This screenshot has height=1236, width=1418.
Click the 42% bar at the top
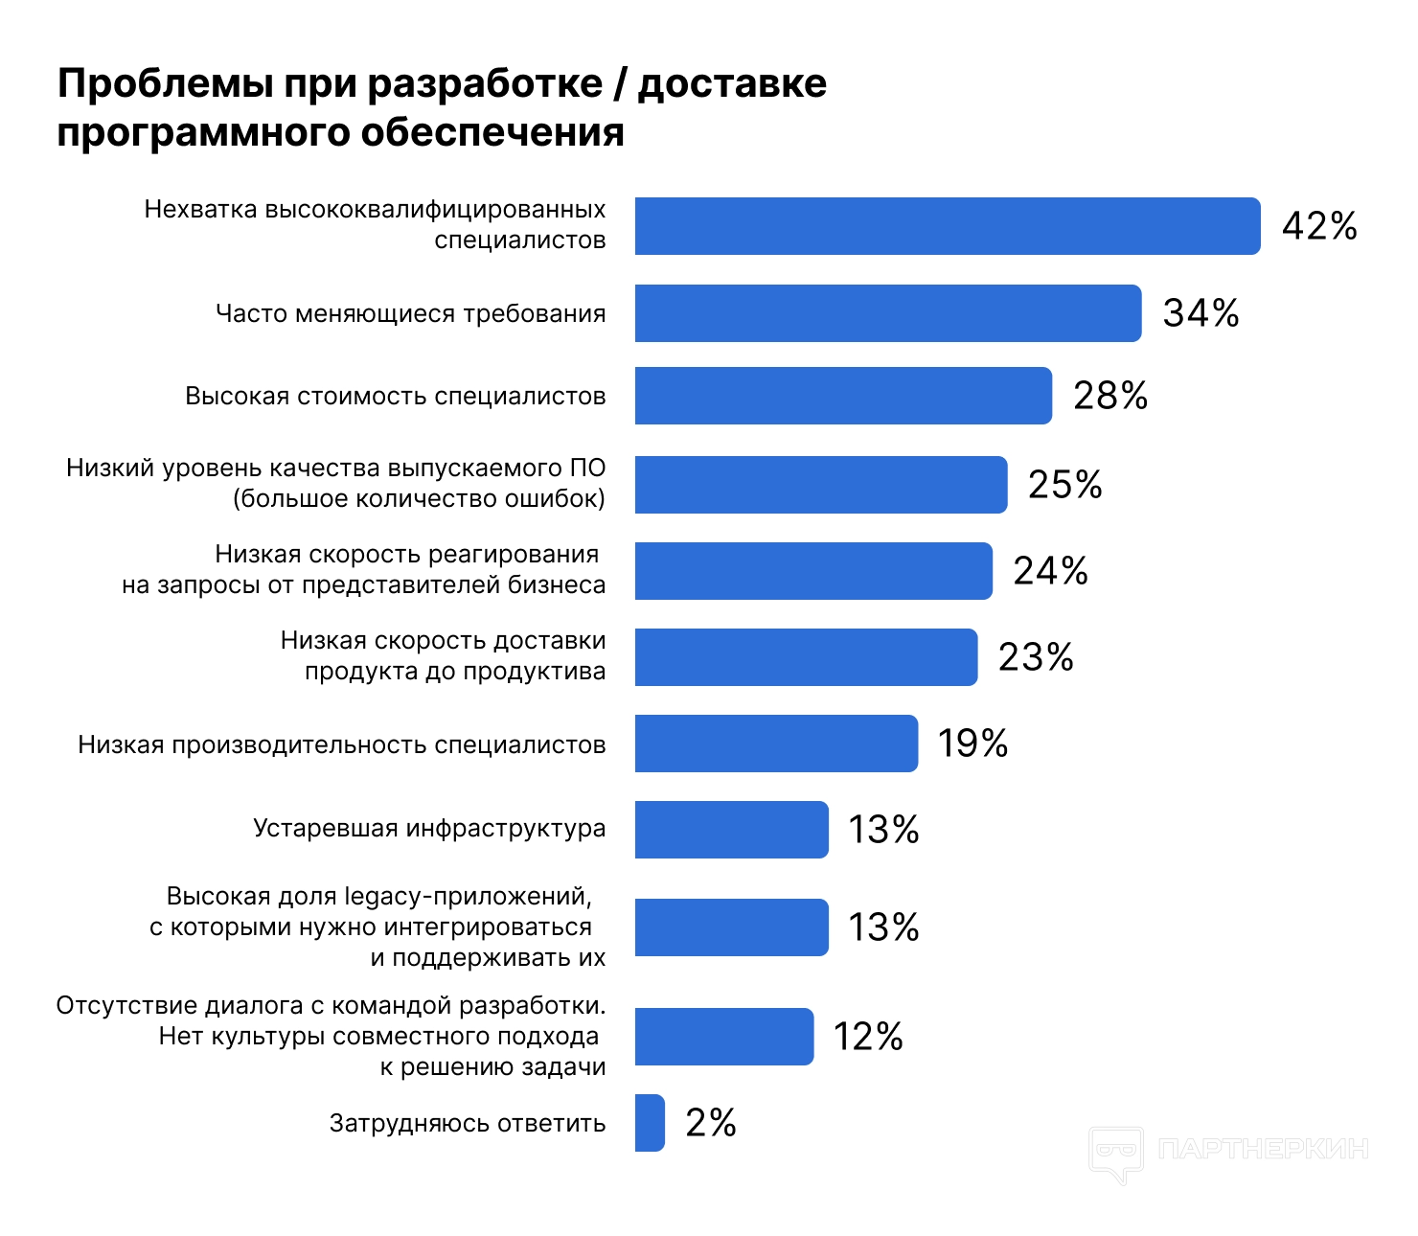947,226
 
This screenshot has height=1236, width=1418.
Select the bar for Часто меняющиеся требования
887,313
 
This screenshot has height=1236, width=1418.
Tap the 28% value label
1109,396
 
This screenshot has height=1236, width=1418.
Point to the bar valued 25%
820,485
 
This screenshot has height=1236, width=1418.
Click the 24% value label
1050,571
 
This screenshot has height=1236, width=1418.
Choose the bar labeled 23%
805,657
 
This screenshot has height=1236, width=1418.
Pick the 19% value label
972,744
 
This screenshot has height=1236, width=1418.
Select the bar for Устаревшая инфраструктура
731,830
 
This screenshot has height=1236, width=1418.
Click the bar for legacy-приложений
731,927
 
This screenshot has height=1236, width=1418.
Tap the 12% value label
868,1037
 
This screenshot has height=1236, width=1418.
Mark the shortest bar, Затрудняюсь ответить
650,1123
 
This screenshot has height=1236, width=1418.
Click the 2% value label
710,1123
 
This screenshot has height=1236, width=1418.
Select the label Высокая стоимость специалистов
395,397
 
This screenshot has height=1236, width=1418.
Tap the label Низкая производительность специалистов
341,745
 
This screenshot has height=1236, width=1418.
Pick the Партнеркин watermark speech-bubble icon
1116,1152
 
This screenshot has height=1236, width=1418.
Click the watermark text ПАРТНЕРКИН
1263,1149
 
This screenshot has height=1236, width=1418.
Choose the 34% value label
1201,313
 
